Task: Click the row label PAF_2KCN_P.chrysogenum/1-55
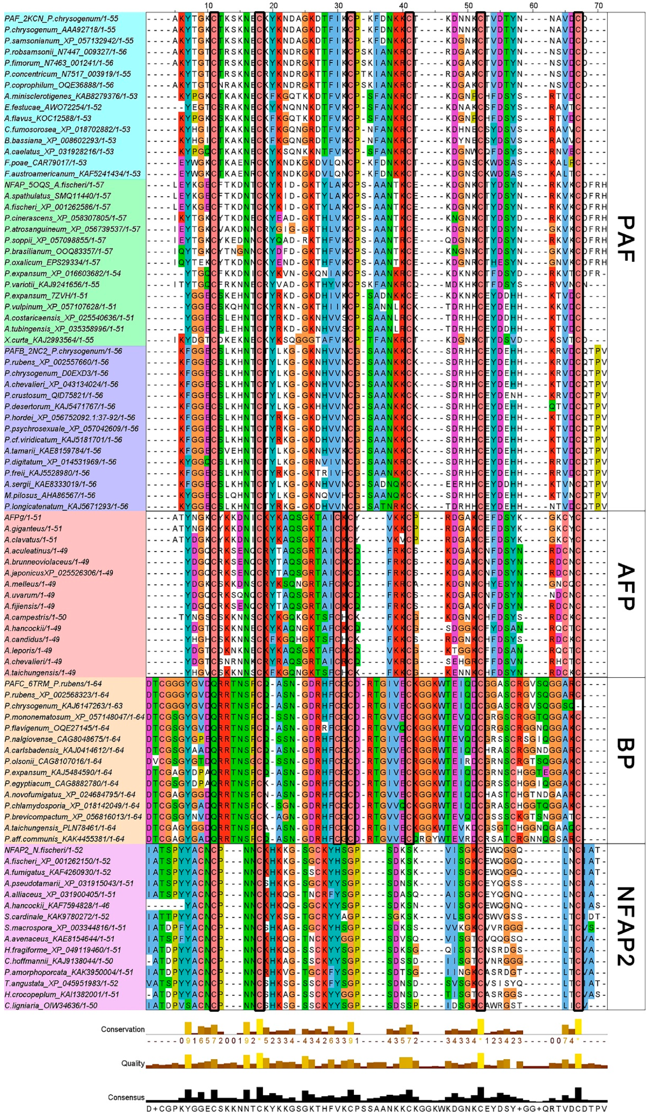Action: pos(61,19)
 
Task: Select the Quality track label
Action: pos(133,1063)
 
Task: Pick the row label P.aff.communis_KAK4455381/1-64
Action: pos(64,839)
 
